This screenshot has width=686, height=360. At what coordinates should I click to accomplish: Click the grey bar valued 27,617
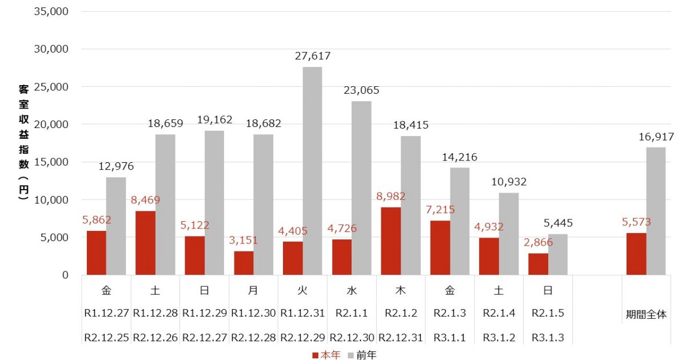click(313, 171)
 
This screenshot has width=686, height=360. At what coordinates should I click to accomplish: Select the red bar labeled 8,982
click(391, 241)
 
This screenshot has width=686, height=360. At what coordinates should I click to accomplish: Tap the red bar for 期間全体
click(636, 254)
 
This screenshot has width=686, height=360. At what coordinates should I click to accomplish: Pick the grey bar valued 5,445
click(558, 254)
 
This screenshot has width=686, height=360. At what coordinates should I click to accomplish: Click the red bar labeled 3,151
click(244, 263)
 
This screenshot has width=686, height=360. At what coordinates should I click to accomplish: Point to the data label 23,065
click(361, 90)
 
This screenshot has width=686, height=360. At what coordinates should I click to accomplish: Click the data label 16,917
click(656, 137)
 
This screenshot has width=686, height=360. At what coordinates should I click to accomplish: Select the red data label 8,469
click(145, 200)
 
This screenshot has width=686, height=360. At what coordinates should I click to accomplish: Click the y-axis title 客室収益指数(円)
click(23, 143)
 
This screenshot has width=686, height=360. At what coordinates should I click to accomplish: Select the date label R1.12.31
click(302, 313)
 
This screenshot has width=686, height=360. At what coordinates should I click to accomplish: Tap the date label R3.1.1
click(449, 338)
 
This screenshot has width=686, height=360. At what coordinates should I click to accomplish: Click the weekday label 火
click(302, 290)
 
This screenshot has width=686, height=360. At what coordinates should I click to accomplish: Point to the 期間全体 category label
click(645, 314)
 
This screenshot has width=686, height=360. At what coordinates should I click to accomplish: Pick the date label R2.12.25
click(106, 338)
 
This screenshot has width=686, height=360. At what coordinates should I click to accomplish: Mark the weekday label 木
click(401, 290)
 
